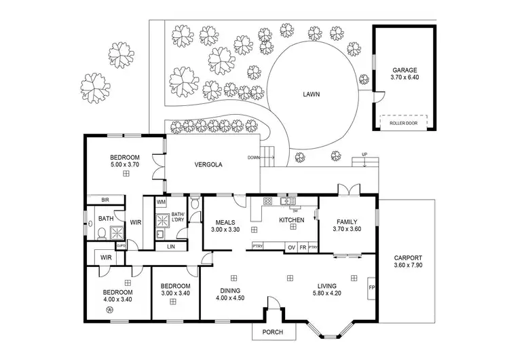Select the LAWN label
point(311,96)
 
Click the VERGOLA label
point(208,164)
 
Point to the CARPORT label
point(409,257)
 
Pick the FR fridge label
point(302,247)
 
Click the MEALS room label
point(225,222)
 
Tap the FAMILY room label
point(347,221)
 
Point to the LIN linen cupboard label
point(170,246)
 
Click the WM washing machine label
point(162,202)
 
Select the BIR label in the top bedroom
point(105,200)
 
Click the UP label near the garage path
point(364,154)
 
